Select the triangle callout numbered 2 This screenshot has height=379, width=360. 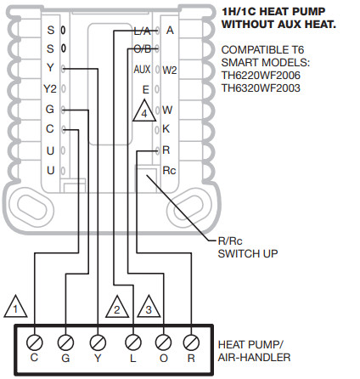coord(115,303)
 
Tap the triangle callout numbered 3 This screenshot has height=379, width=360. coord(149,303)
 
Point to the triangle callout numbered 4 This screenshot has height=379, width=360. coord(144,110)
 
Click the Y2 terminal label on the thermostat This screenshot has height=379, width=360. coord(49,88)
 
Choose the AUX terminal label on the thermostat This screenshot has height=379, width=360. coord(142,69)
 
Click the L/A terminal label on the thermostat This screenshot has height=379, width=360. coord(143,30)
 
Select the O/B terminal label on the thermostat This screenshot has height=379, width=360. coord(143,48)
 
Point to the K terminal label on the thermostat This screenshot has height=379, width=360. coord(166,129)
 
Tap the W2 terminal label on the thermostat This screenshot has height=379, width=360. coord(170,69)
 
